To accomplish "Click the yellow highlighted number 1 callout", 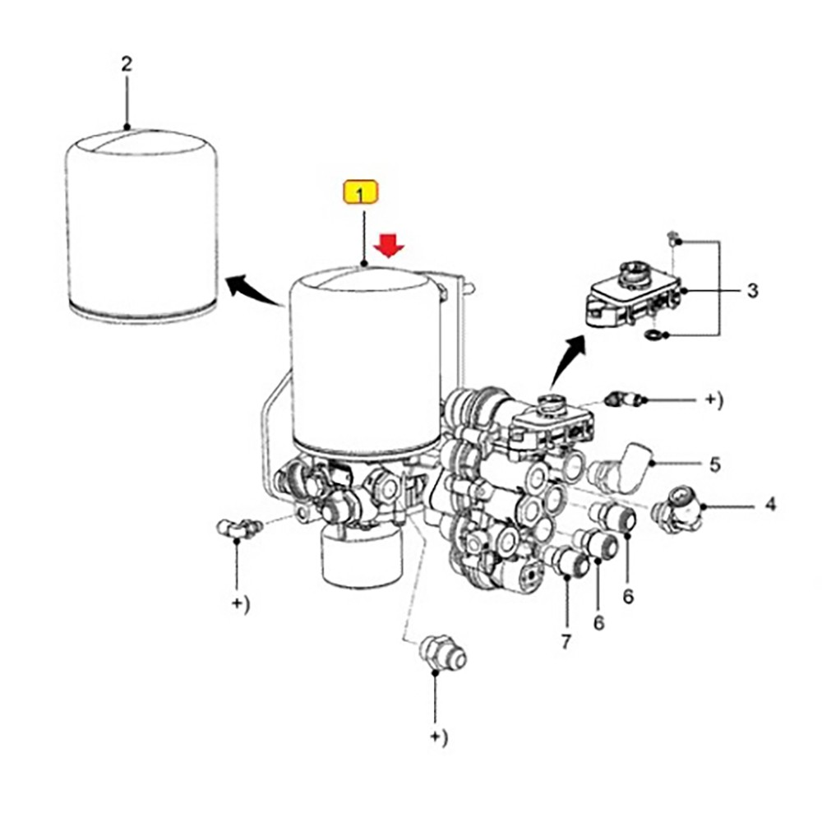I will (x=360, y=195).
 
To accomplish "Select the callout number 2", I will (x=126, y=63).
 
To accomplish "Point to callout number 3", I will (x=752, y=291).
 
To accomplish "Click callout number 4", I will (x=770, y=504).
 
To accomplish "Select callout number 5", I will (x=715, y=465).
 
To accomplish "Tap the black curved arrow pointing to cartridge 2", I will (x=249, y=290).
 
